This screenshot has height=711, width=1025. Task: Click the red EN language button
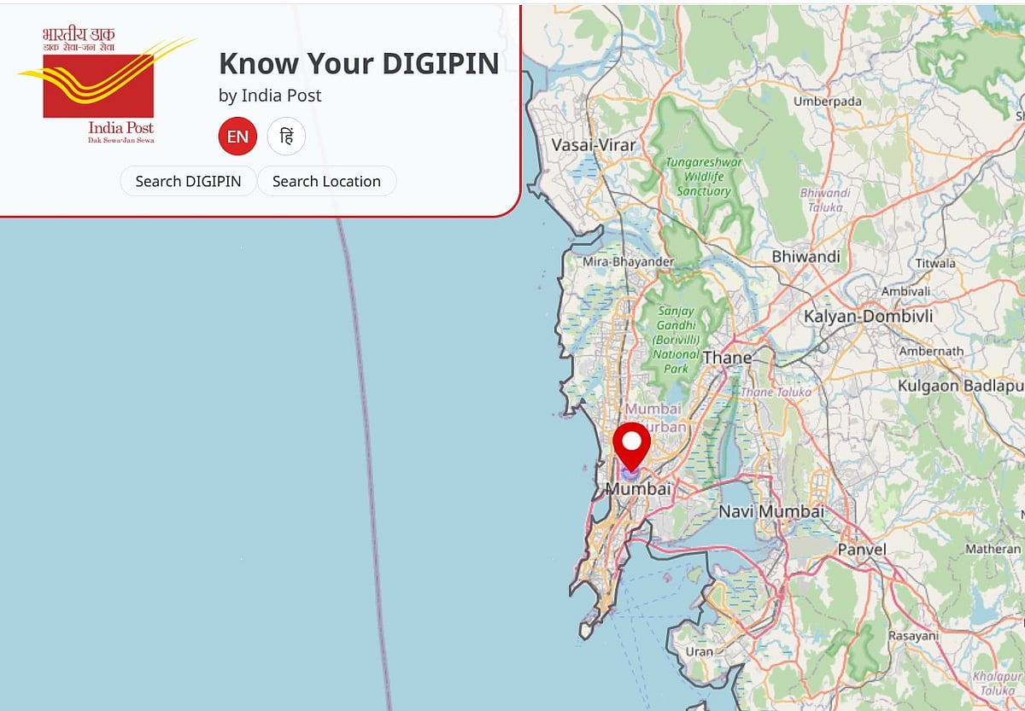[x=237, y=137]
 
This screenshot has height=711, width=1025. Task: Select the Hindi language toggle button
[x=286, y=137]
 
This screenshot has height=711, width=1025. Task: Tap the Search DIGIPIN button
[x=188, y=181]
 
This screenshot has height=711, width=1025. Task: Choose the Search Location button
[x=326, y=181]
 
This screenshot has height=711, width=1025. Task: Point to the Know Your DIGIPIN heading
[x=359, y=63]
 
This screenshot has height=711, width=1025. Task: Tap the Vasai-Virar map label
[x=594, y=144]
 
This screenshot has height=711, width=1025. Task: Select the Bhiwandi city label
[x=805, y=256]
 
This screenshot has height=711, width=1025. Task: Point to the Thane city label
[x=727, y=358]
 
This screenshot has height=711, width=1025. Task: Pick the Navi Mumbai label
[x=772, y=511]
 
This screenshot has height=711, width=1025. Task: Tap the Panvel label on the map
[x=862, y=549]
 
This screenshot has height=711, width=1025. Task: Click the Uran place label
[x=700, y=652]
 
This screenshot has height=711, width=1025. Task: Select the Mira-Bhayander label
[x=628, y=262]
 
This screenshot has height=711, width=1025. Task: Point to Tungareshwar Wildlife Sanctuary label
[x=704, y=177]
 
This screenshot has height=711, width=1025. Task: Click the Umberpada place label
[x=828, y=102]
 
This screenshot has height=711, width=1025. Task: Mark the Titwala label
[x=935, y=264]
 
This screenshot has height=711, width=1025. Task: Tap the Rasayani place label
[x=913, y=636]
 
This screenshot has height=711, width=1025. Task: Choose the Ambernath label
[x=930, y=351]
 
